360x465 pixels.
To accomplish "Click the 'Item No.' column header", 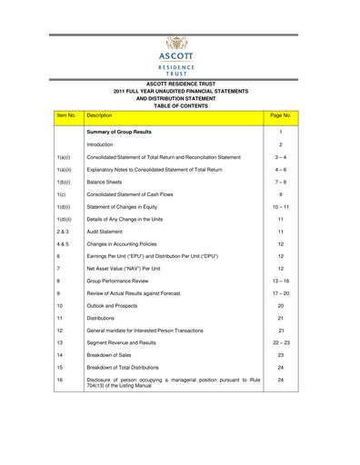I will click(x=65, y=117).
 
